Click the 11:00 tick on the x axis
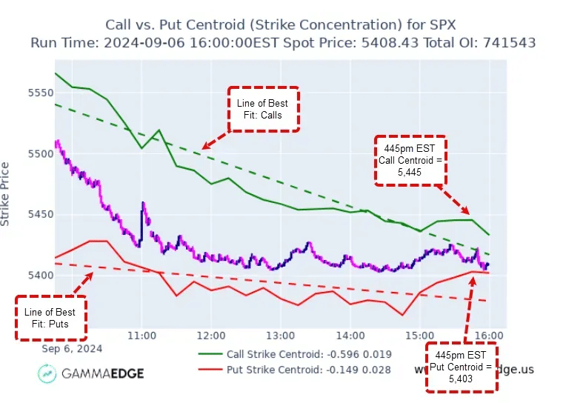141,336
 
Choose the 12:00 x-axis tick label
211,336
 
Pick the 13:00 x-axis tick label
281,336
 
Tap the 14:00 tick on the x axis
350,336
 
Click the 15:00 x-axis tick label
419,336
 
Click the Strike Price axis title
7,194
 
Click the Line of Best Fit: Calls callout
264,110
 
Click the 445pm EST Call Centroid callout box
410,160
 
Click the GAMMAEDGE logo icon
49,373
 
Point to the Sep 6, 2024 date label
72,348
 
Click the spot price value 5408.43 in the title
395,42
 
